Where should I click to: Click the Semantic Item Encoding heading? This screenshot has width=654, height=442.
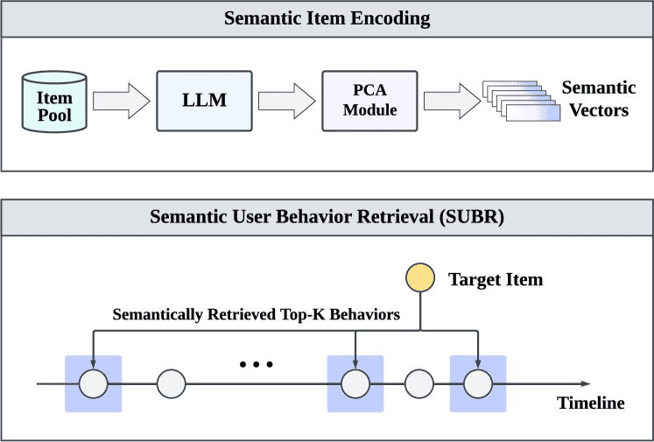pos(327,18)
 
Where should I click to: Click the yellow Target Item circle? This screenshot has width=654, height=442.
pos(420,279)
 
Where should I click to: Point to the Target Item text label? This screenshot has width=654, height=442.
pos(496,280)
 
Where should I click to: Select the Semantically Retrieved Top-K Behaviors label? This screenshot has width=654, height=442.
pos(256,314)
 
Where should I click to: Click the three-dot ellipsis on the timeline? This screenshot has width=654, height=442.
pos(257,363)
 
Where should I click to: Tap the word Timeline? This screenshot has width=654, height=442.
pos(591,403)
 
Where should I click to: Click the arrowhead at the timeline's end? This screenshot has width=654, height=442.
pos(585,383)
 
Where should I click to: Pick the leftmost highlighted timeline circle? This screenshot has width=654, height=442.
pos(93,383)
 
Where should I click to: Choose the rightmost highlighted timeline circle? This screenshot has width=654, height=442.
pos(478,383)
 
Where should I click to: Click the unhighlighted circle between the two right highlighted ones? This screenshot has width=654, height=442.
pos(419,383)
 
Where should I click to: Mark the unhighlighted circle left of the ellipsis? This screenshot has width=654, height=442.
pos(171,383)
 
